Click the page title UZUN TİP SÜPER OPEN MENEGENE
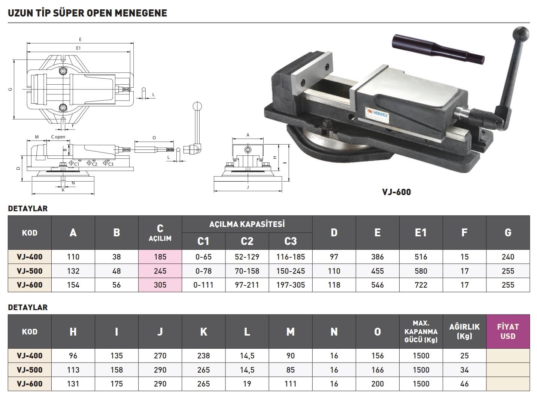point(87,13)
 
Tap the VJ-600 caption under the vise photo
point(396,192)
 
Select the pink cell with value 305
point(160,285)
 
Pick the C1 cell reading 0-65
point(203,257)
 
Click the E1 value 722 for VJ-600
point(421,285)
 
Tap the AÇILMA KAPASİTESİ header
point(247,224)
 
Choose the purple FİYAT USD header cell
point(508,331)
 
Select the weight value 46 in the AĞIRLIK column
point(464,384)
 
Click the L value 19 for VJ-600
point(247,384)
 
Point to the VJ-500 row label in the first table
point(30,271)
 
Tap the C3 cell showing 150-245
point(290,271)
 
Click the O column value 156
point(377,356)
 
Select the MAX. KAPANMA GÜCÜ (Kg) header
point(421,331)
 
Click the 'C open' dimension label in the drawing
point(58,137)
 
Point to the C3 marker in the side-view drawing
point(109,164)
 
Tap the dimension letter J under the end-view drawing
point(248,187)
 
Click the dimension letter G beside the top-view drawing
point(10,89)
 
